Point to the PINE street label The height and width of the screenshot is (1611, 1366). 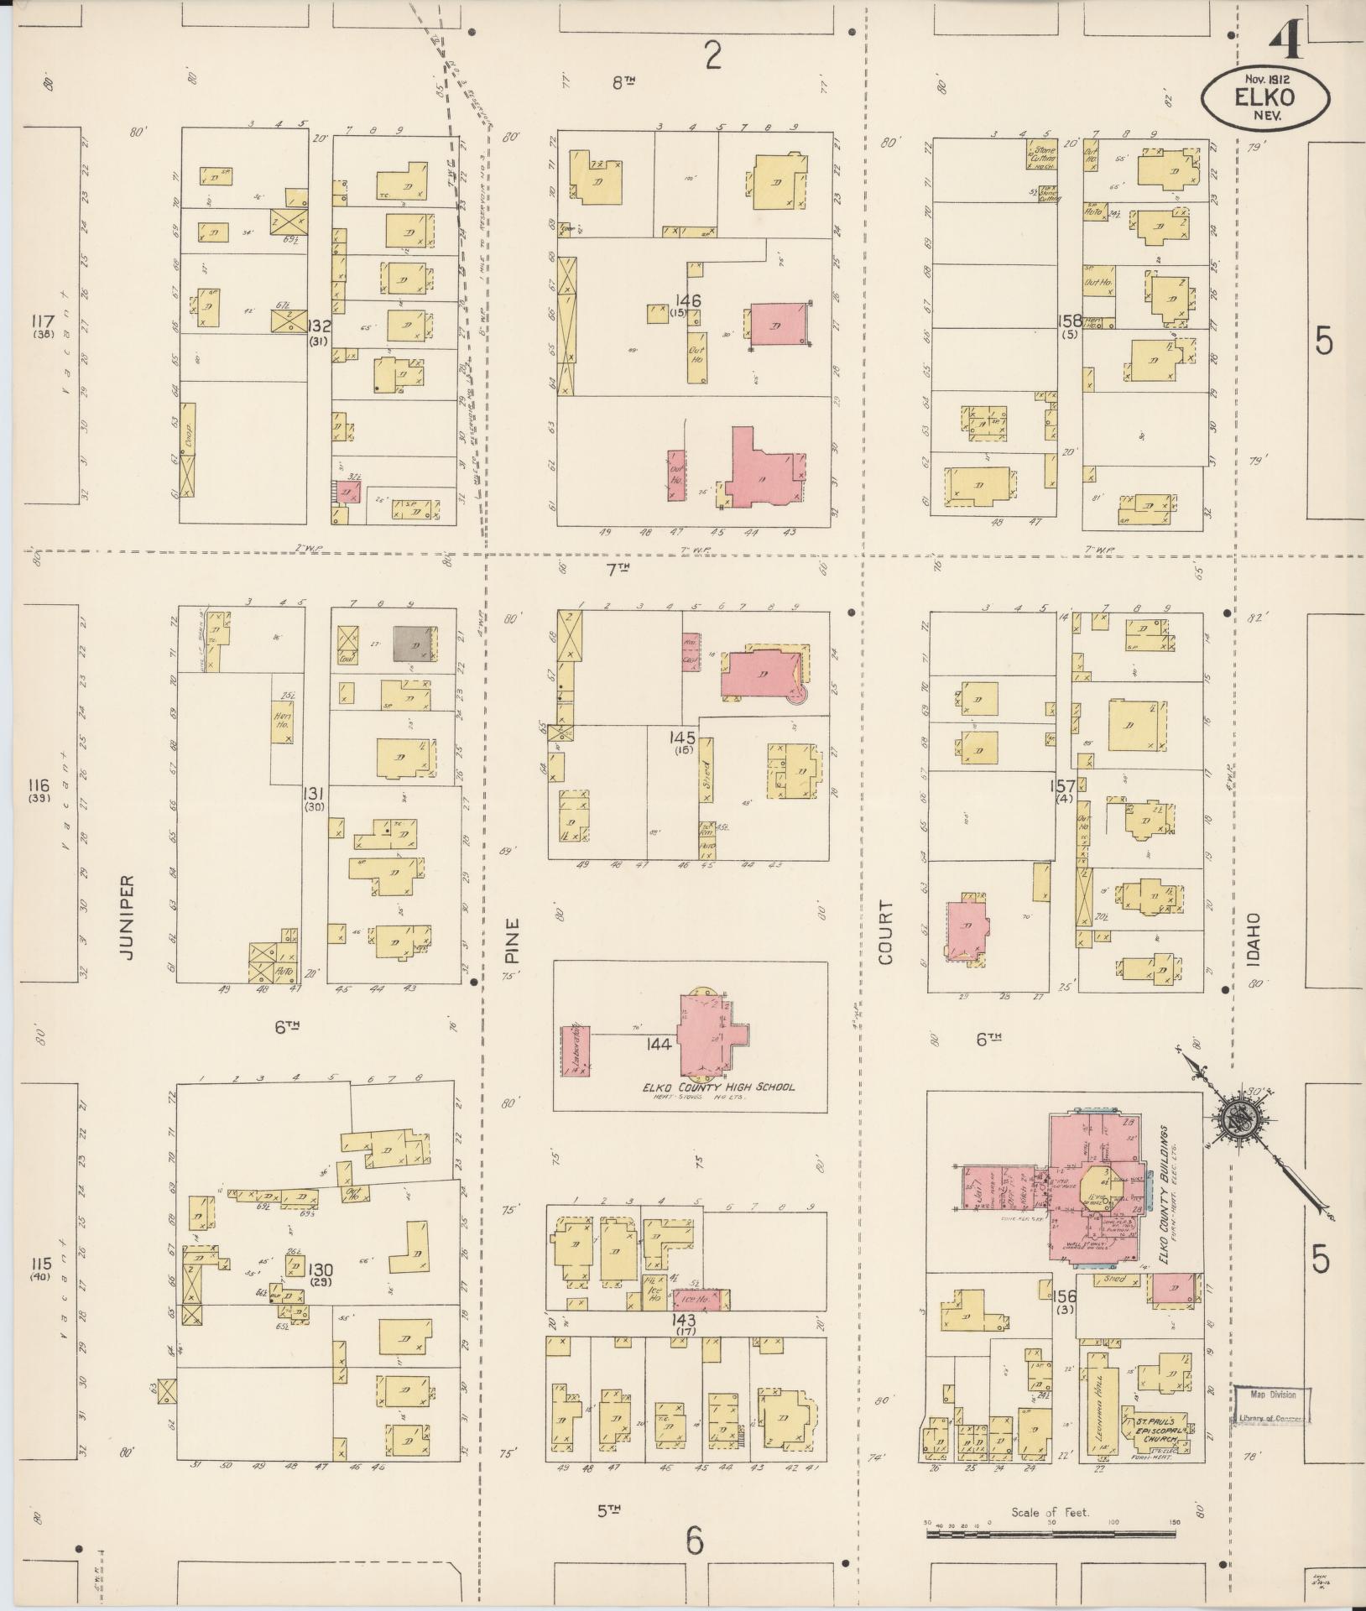(513, 939)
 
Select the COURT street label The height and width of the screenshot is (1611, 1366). (888, 932)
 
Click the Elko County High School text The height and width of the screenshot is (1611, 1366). (717, 1087)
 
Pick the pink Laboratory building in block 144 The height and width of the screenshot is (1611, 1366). (576, 1050)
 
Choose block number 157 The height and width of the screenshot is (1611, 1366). (1063, 786)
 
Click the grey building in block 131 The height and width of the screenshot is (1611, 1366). (415, 644)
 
